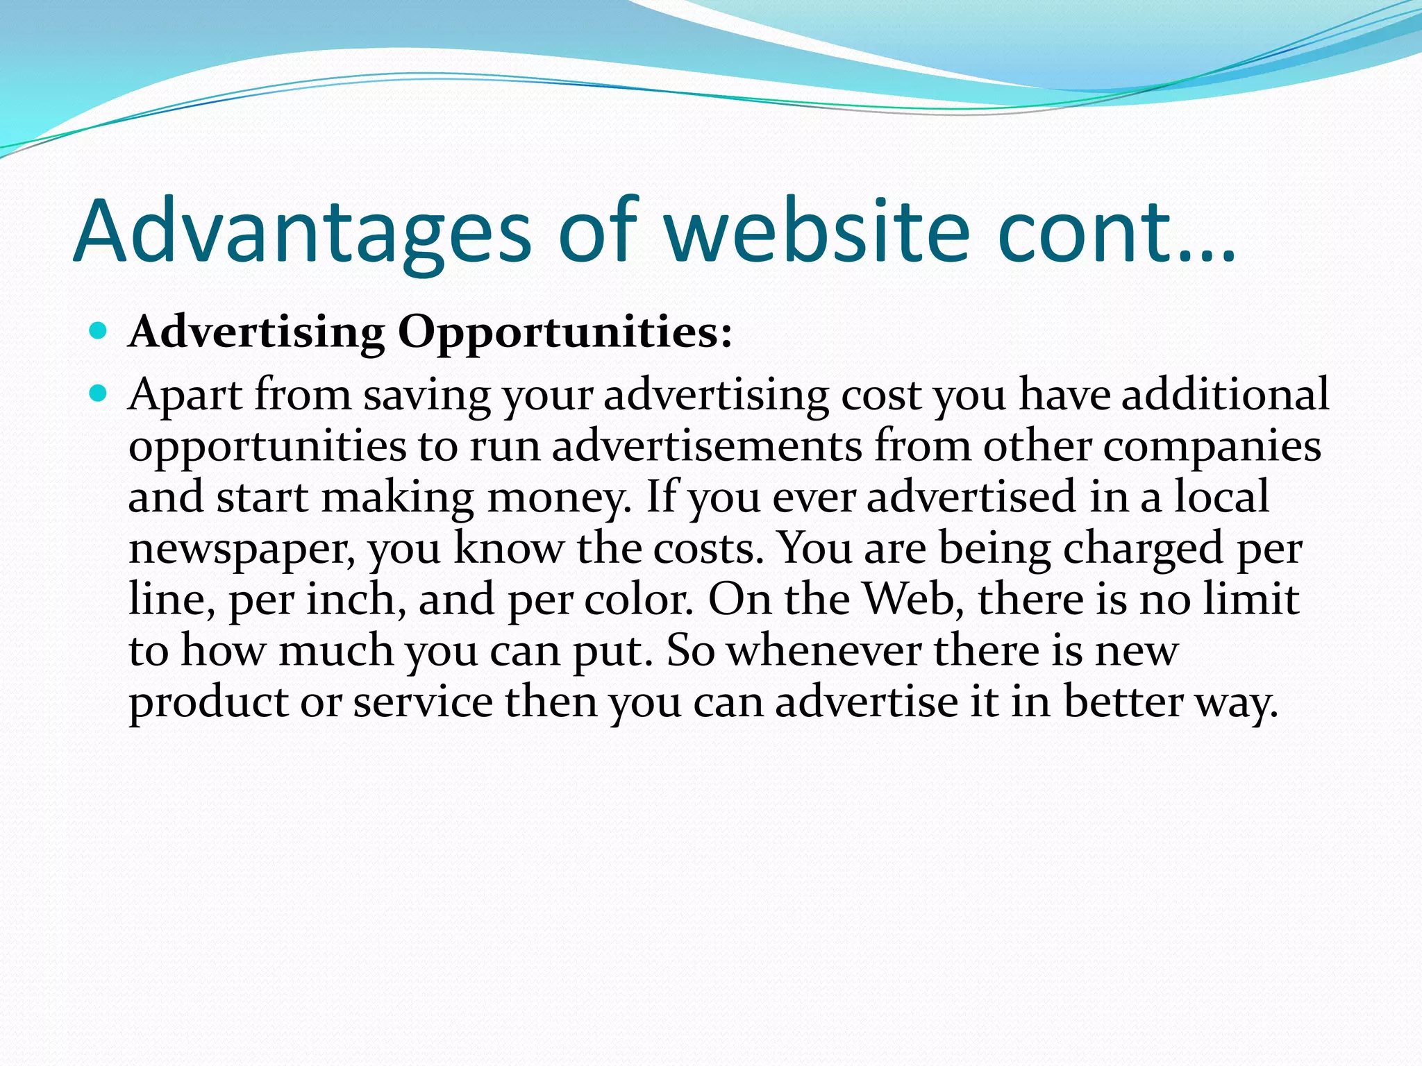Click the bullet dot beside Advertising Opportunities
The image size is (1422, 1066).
tap(99, 330)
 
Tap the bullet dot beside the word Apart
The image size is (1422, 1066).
tap(99, 394)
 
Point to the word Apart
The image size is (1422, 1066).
tap(185, 396)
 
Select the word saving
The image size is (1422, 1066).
tap(427, 396)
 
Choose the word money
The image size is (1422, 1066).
tap(559, 498)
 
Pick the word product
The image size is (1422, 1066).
tap(209, 702)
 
